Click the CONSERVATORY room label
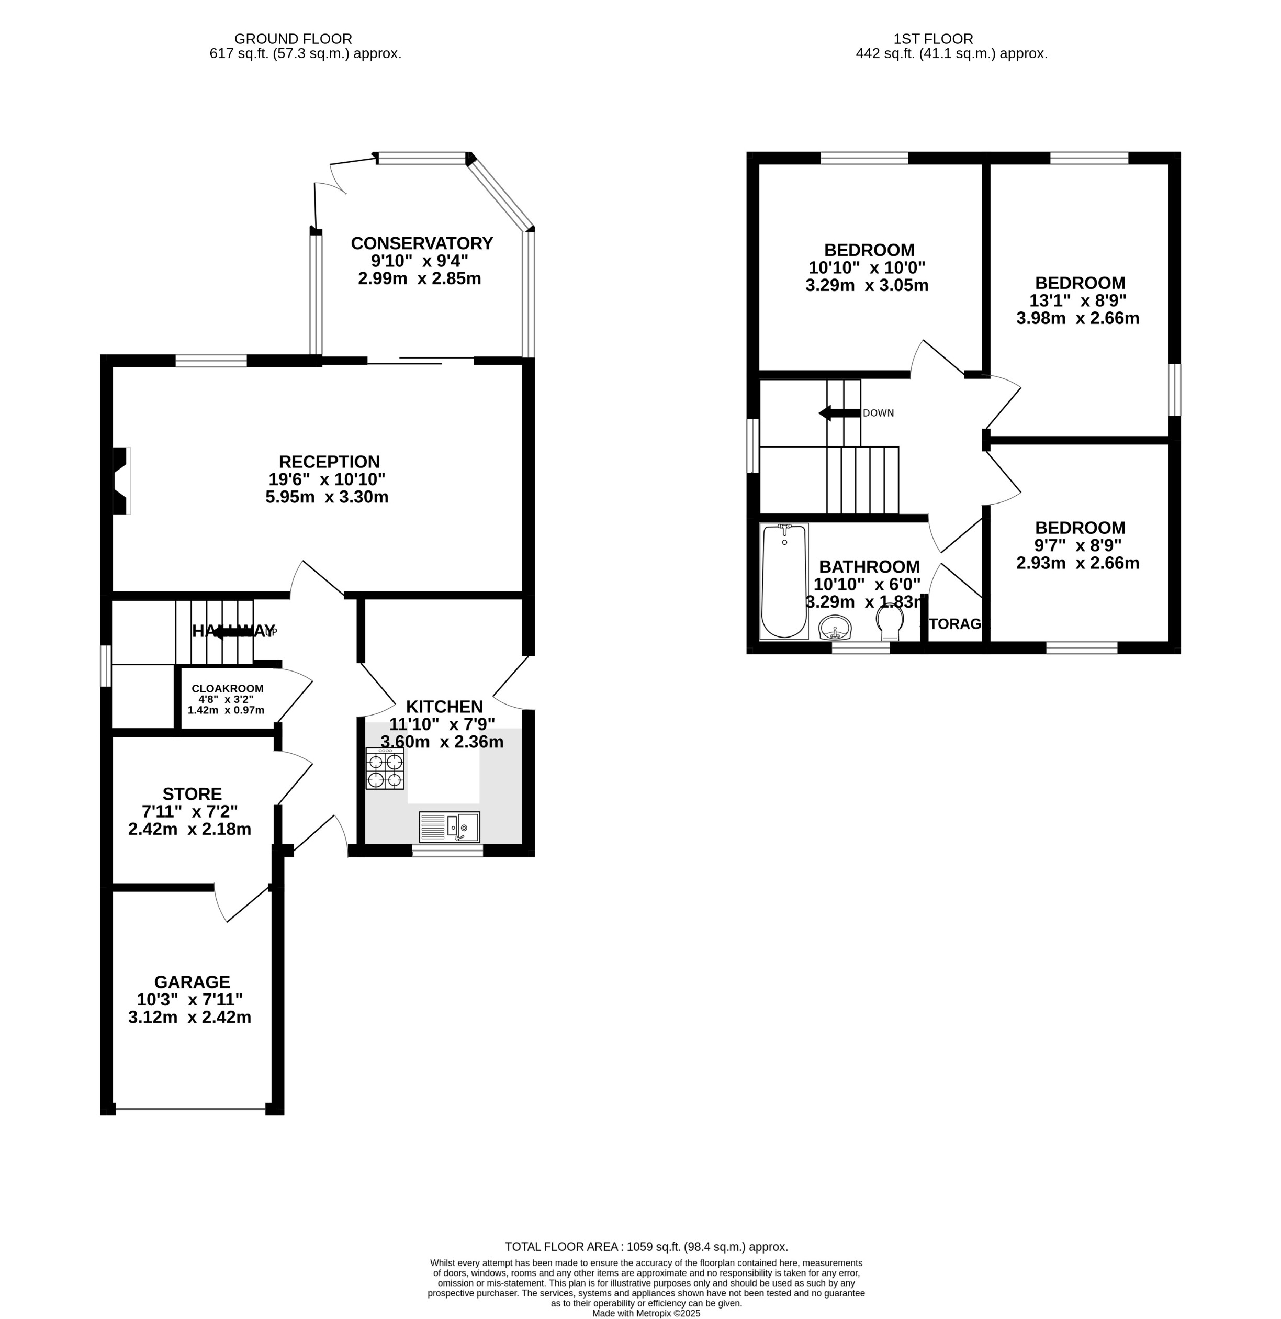422,243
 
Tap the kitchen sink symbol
449,826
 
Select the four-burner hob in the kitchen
385,768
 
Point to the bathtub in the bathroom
784,582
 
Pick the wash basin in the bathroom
836,629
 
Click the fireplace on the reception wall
121,480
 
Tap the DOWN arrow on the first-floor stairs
838,412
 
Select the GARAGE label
192,982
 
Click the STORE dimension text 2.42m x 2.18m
190,829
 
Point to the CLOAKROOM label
228,688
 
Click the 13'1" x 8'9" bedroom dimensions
1077,301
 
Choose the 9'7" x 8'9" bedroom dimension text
1077,546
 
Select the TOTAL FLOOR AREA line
646,1246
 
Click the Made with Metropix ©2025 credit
646,1313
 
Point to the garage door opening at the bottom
191,1109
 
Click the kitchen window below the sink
447,851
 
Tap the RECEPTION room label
329,462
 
